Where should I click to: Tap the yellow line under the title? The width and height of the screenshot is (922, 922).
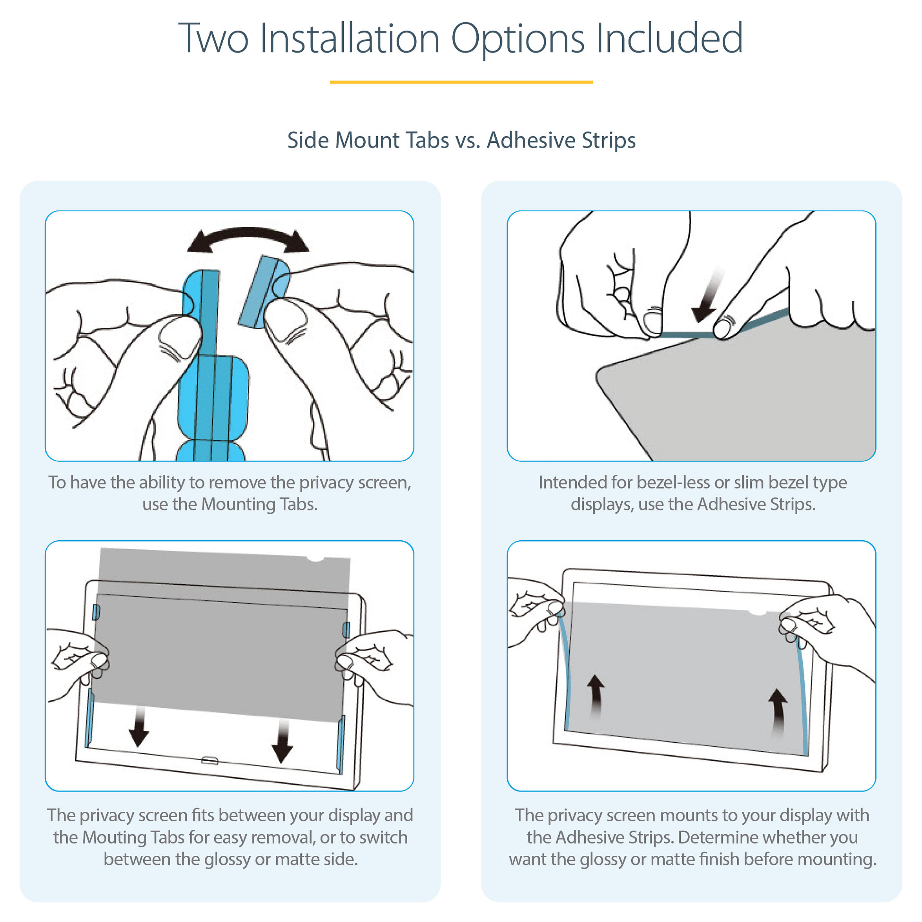461,82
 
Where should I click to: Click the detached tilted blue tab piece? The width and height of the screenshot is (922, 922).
264,292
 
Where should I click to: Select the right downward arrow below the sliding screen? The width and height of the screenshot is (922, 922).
282,741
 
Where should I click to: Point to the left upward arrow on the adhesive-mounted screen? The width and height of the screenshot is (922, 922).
595,696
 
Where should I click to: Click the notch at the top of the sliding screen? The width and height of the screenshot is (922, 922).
315,558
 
